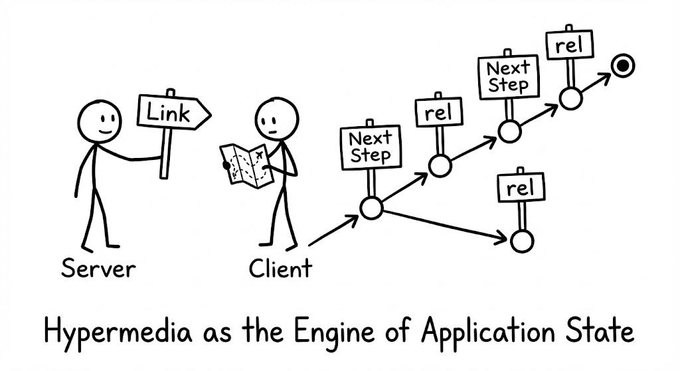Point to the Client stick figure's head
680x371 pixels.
(x=272, y=117)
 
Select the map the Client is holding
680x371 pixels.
(x=244, y=164)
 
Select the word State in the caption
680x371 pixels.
(x=605, y=332)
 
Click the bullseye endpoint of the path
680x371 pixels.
(x=622, y=65)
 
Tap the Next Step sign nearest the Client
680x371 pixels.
(x=371, y=146)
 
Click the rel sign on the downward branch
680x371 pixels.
(x=521, y=188)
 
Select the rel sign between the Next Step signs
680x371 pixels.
(x=438, y=113)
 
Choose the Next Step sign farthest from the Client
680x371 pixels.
(x=508, y=76)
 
